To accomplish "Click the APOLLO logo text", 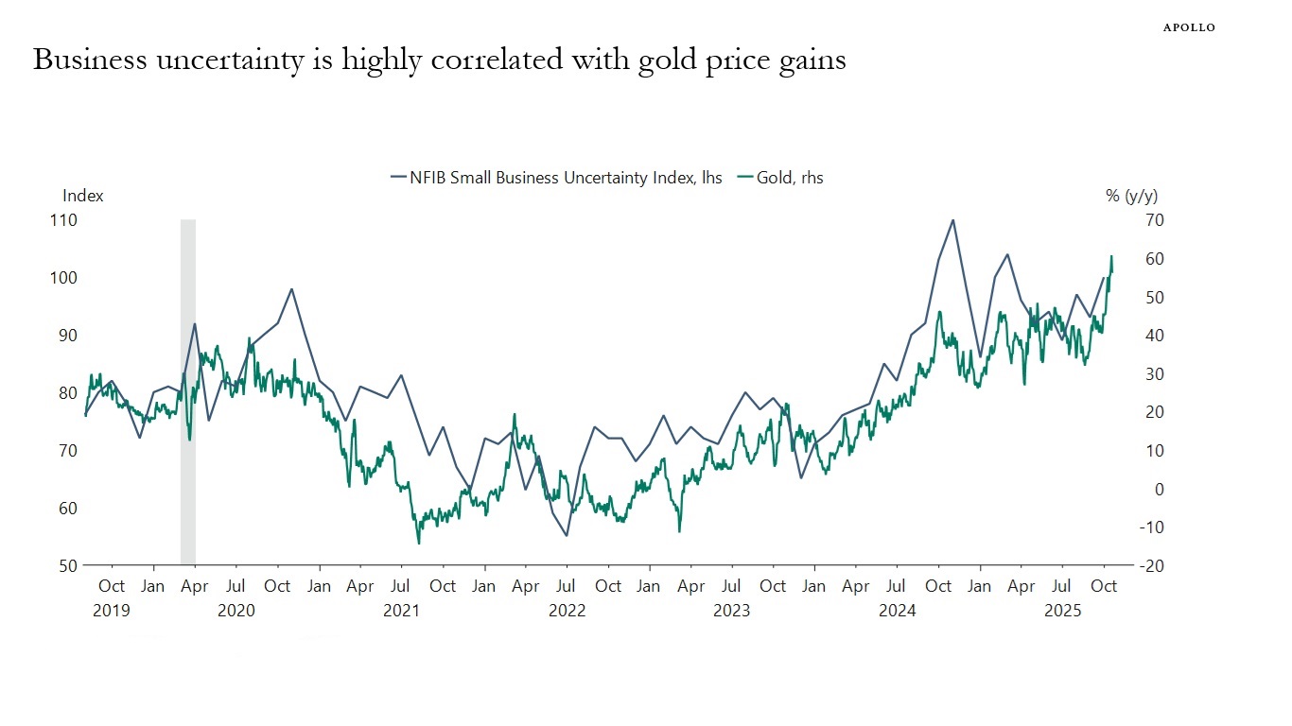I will pyautogui.click(x=1188, y=27).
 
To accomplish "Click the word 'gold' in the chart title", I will pyautogui.click(x=691, y=60).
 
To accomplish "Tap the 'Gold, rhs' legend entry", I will pyautogui.click(x=780, y=177).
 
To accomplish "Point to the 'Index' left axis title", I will pyautogui.click(x=82, y=196).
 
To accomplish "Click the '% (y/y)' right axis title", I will pyautogui.click(x=1131, y=196).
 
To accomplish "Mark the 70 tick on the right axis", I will pyautogui.click(x=1154, y=219).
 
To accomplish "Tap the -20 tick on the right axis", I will pyautogui.click(x=1153, y=565).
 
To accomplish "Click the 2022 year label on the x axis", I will pyautogui.click(x=567, y=611).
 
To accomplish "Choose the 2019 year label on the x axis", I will pyautogui.click(x=112, y=611).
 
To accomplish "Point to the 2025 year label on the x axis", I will pyautogui.click(x=1062, y=611).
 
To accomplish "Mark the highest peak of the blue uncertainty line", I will pyautogui.click(x=952, y=220).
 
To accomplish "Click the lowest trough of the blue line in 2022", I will pyautogui.click(x=567, y=536).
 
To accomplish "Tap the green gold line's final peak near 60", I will pyautogui.click(x=1111, y=256).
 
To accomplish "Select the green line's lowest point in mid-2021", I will pyautogui.click(x=419, y=543).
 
